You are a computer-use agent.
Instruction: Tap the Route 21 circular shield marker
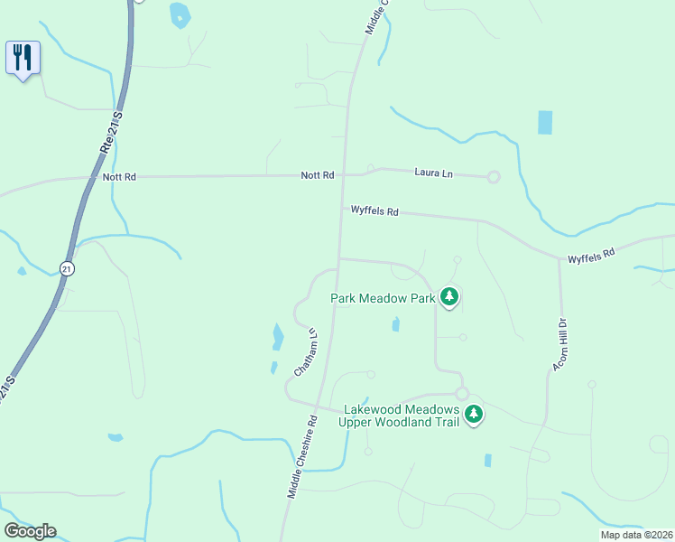[x=67, y=268]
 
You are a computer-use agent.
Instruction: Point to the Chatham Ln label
[x=307, y=352]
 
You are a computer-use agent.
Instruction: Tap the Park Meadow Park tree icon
[x=449, y=297]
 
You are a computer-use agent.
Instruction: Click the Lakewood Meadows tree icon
[x=474, y=415]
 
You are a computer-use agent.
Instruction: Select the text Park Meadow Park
[x=383, y=297]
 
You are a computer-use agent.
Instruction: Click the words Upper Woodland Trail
[x=399, y=421]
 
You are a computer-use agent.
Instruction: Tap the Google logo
[x=30, y=531]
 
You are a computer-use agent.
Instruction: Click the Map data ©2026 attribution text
[x=636, y=535]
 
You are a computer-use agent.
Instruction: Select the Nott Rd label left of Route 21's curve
[x=119, y=177]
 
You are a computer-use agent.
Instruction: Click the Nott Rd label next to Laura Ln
[x=318, y=174]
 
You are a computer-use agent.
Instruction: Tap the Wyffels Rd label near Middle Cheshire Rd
[x=374, y=211]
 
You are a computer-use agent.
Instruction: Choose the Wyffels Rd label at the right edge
[x=591, y=256]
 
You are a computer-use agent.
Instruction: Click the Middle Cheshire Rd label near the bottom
[x=303, y=457]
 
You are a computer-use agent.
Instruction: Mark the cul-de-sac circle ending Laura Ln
[x=494, y=177]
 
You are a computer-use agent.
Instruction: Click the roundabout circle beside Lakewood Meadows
[x=462, y=394]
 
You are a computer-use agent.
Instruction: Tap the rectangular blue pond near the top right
[x=545, y=122]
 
